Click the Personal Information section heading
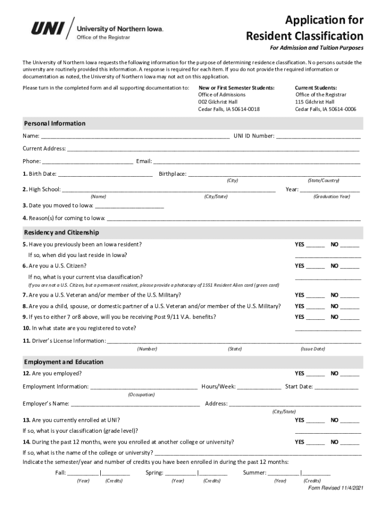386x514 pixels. pyautogui.click(x=55, y=123)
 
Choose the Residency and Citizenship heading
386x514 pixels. pyautogui.click(x=61, y=233)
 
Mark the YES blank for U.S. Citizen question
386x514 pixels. pyautogui.click(x=315, y=267)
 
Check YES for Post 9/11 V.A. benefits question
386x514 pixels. pyautogui.click(x=315, y=318)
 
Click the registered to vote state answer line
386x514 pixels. pyautogui.click(x=328, y=329)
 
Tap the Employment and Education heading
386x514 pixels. pyautogui.click(x=64, y=362)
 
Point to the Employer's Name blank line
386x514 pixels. pyautogui.click(x=135, y=405)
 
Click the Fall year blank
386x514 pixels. pyautogui.click(x=83, y=473)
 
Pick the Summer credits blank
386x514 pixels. pyautogui.click(x=316, y=473)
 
